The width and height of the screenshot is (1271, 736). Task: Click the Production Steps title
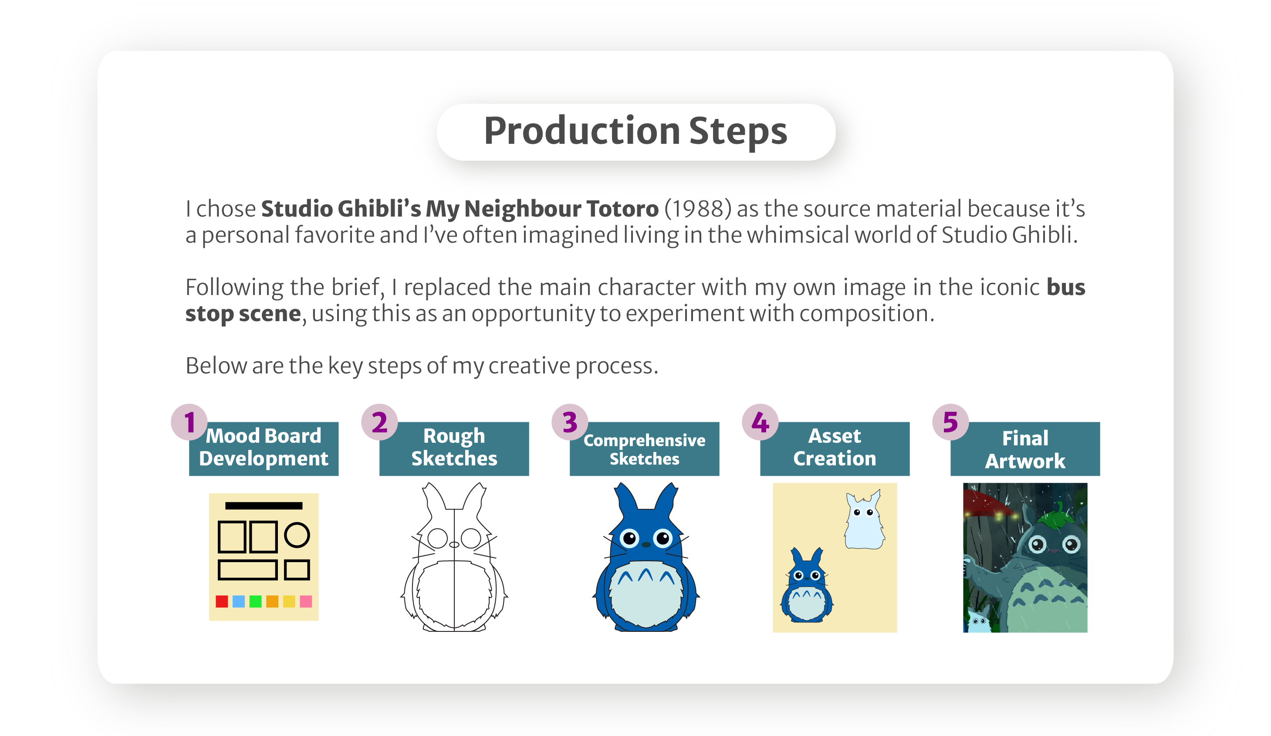point(635,131)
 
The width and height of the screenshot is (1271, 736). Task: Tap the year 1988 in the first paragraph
point(697,209)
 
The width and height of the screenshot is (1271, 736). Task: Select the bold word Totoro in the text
point(622,209)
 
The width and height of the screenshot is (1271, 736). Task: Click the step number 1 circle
point(189,422)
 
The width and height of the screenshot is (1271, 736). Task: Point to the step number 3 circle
point(570,422)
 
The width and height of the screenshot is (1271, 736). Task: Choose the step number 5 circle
point(951,422)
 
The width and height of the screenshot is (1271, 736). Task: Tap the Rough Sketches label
point(454,448)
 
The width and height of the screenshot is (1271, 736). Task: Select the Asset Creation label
point(835,448)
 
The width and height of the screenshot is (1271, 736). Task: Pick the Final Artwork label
point(1025,449)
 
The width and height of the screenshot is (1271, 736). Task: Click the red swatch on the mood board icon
point(222,601)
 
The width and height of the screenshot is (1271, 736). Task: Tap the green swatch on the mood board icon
point(256,601)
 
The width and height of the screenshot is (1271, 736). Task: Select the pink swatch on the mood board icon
point(306,601)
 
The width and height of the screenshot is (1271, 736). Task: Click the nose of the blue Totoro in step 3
point(646,545)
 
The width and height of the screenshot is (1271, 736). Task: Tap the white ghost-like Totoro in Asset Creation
point(865,521)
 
